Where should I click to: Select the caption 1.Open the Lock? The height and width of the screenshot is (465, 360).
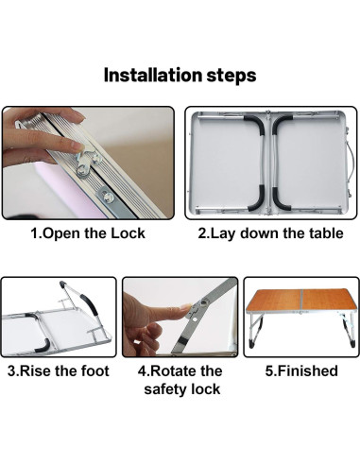88,233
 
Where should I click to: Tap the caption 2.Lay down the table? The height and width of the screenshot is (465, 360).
270,233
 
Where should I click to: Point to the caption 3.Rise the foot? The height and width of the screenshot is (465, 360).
59,370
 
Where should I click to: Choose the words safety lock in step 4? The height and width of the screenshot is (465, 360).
181,389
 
